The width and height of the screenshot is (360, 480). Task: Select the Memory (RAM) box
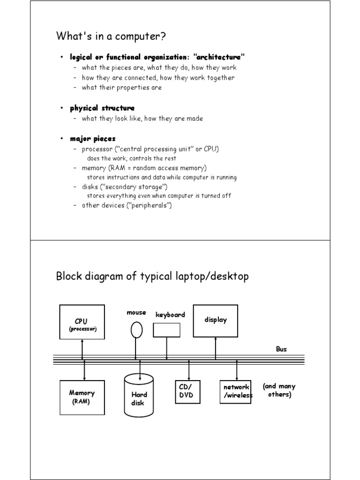pos(82,397)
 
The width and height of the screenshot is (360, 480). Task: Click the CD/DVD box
pos(187,391)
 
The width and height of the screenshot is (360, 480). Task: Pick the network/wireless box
pos(235,391)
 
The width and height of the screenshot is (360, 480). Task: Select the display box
pos(215,321)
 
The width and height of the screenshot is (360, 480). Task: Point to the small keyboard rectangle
pos(166,330)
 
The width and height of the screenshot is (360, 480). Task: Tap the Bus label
pos(281,349)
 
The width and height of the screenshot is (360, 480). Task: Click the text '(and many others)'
pos(279,390)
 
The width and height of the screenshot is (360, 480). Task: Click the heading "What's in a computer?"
pos(111,36)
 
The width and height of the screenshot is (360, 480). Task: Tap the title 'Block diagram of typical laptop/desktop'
pos(152,276)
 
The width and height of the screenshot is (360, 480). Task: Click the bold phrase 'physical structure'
pos(102,108)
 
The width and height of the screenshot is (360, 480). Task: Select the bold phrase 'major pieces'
pos(93,139)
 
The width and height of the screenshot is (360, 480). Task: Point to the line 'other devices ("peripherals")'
pos(127,205)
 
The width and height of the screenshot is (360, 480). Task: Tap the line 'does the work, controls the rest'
pos(132,158)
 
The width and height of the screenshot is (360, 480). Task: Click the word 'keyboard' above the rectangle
pos(170,315)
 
